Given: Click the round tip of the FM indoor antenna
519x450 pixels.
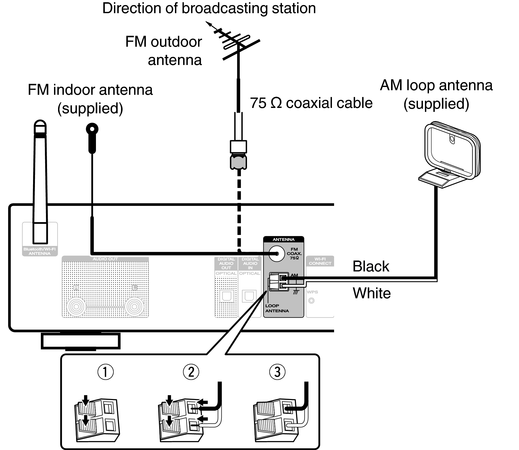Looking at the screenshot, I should (92, 129).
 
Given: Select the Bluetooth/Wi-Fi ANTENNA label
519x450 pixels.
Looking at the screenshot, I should (40, 251).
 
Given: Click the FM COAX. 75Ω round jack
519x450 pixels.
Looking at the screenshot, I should (277, 254).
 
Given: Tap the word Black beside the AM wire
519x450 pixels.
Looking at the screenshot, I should (371, 266).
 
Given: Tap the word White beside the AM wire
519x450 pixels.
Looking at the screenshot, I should (372, 293).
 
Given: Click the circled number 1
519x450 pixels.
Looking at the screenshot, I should (105, 372).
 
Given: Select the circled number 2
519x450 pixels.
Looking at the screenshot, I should (191, 372).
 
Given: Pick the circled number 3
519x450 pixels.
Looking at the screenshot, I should (277, 372).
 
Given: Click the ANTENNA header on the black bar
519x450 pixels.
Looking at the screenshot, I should (284, 239).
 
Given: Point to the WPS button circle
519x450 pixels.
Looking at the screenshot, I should (312, 301).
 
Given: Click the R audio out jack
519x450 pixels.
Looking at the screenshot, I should (76, 306).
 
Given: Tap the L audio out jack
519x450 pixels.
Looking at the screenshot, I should (134, 306).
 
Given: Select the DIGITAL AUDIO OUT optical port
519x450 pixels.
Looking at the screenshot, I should (226, 296).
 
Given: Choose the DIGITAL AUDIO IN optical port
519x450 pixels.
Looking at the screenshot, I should (249, 296).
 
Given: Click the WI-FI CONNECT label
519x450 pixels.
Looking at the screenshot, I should (320, 261).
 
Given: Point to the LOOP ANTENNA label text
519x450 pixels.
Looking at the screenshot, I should (277, 308).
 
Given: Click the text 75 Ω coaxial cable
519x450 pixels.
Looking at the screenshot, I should (311, 103).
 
